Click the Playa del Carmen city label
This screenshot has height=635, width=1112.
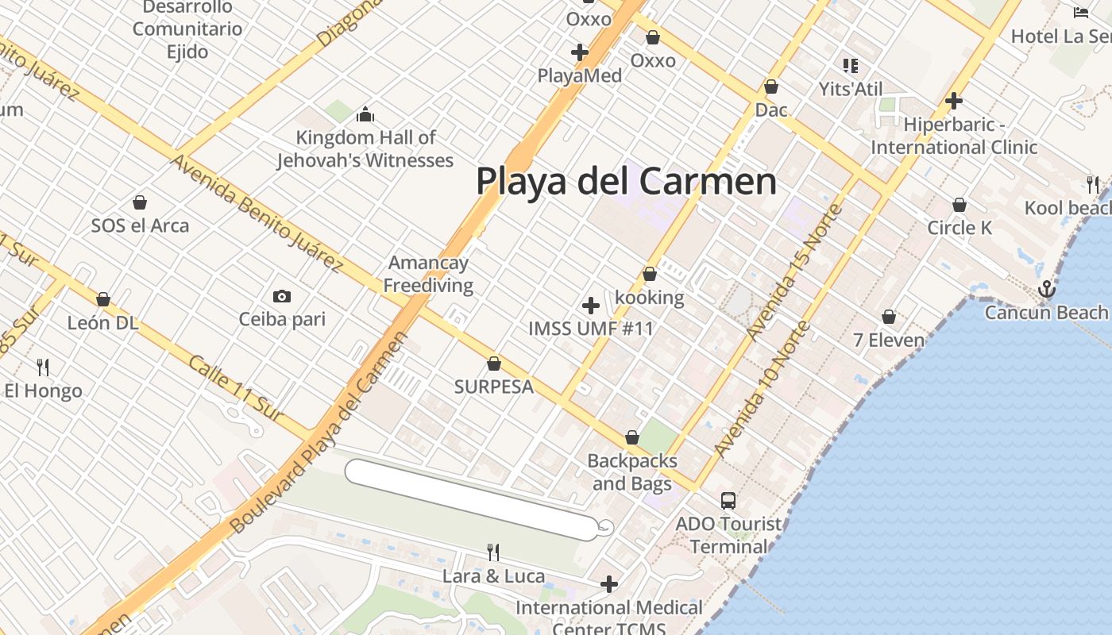(626, 181)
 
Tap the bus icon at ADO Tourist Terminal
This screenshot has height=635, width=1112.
(728, 501)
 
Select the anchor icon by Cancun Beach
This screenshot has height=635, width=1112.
(1047, 289)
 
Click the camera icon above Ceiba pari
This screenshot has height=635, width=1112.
(281, 297)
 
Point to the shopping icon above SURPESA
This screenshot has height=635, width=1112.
(494, 364)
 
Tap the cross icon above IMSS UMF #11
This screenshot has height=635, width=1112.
(591, 306)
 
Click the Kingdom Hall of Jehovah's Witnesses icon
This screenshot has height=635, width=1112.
(365, 115)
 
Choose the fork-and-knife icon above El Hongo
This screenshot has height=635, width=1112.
(43, 367)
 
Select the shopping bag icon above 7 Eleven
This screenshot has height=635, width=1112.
(889, 317)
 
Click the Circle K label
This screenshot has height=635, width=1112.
(959, 228)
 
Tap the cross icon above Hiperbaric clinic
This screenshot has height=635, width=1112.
(954, 101)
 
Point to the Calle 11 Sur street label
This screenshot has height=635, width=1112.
(236, 388)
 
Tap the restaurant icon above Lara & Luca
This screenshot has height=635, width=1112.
(493, 552)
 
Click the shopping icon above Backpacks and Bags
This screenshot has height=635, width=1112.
(632, 437)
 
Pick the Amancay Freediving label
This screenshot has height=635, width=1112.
(428, 274)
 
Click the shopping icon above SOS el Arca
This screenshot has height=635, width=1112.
(140, 202)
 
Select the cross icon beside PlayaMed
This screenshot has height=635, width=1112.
(580, 52)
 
